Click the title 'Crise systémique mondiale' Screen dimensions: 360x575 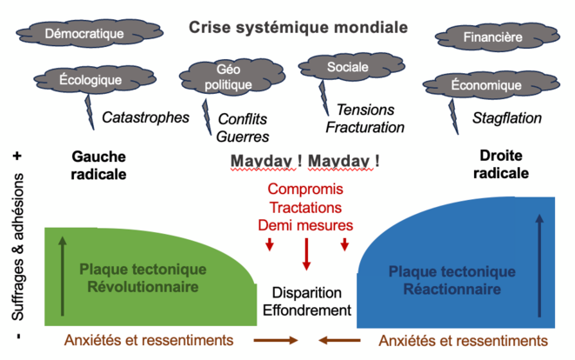pyautogui.click(x=298, y=27)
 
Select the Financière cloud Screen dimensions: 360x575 pyautogui.click(x=492, y=38)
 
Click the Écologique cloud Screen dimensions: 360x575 pyautogui.click(x=90, y=80)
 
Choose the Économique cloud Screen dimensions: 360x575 pyautogui.click(x=486, y=85)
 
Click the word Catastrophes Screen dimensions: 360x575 pyautogui.click(x=145, y=117)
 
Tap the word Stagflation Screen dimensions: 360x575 pyautogui.click(x=507, y=117)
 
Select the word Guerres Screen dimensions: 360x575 pyautogui.click(x=244, y=137)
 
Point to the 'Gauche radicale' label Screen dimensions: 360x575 pyautogui.click(x=98, y=165)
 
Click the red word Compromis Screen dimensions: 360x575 pyautogui.click(x=305, y=190)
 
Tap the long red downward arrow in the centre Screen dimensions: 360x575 pyautogui.click(x=306, y=253)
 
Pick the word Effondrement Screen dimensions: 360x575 pyautogui.click(x=308, y=310)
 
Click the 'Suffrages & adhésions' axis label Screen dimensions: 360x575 pyautogui.click(x=18, y=246)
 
